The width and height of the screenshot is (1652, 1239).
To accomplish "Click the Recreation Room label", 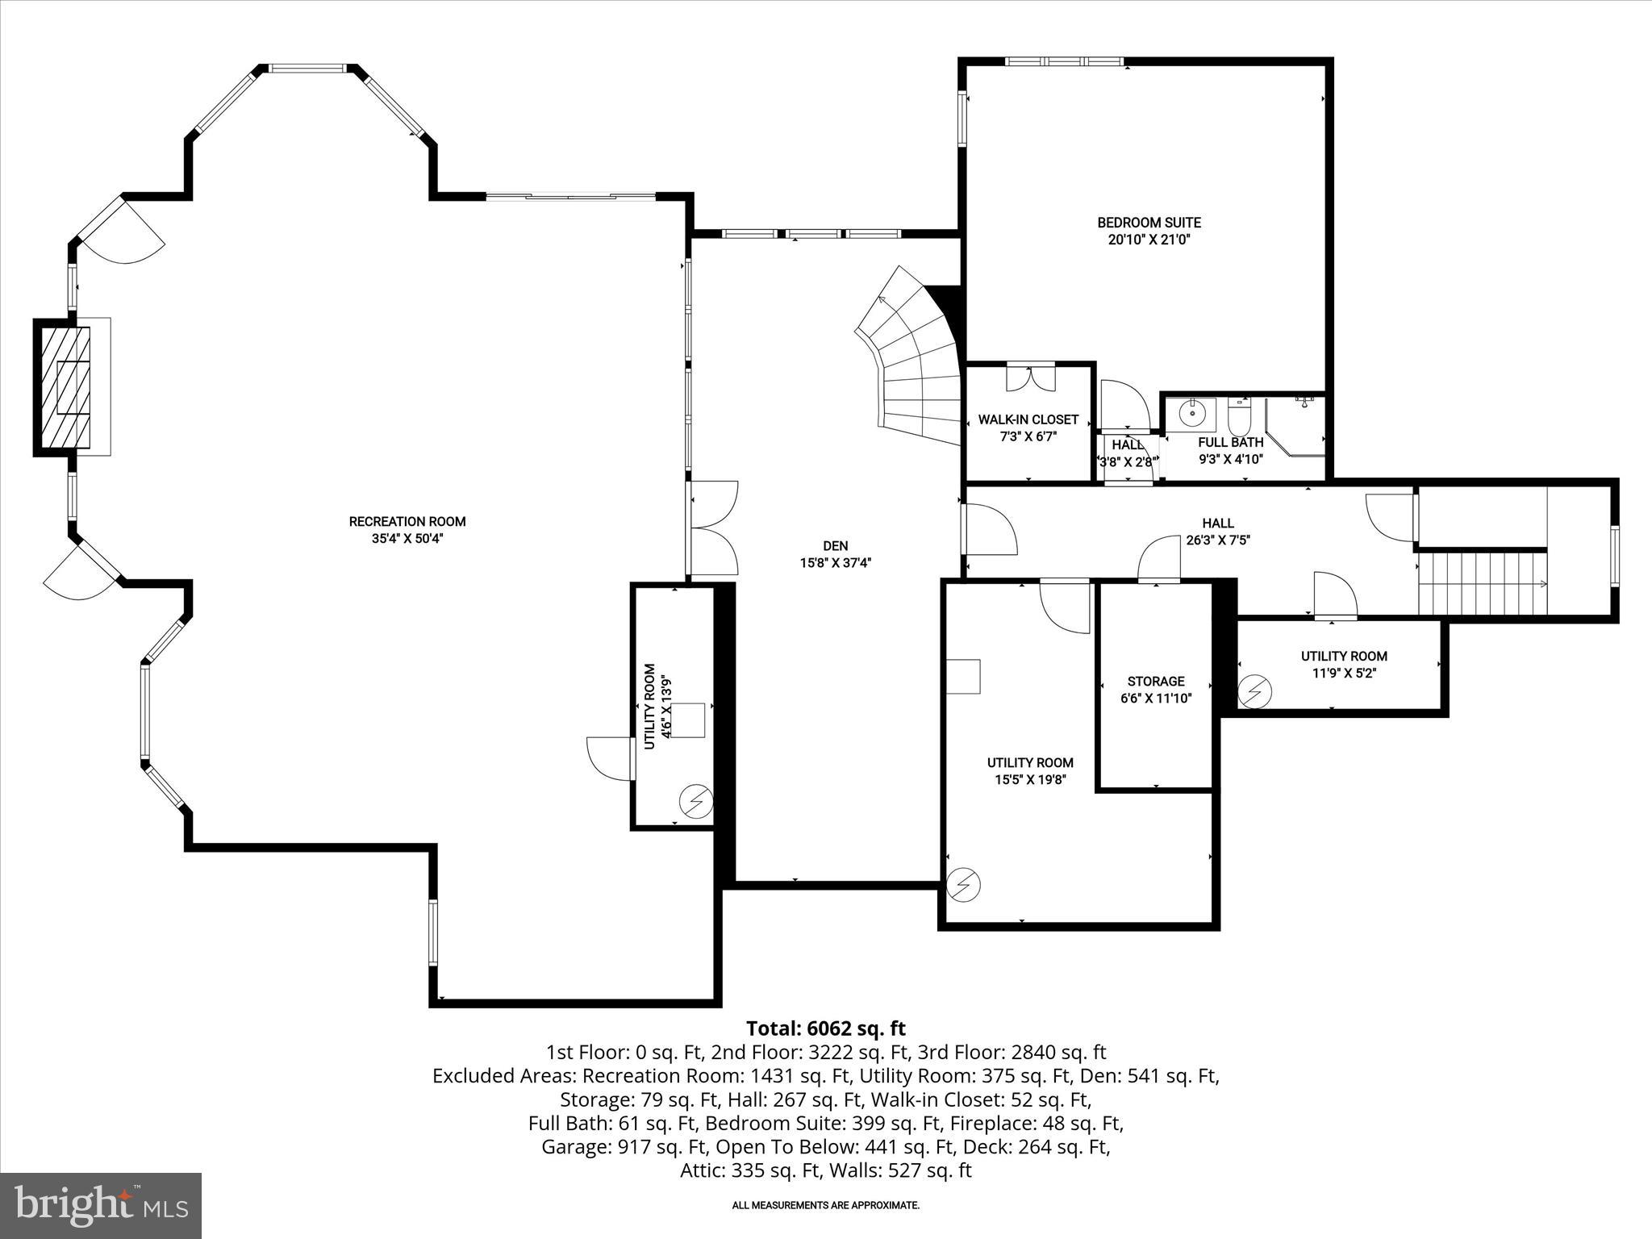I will pyautogui.click(x=407, y=522).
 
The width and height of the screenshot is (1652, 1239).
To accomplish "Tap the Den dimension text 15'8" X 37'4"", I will pyautogui.click(x=836, y=563).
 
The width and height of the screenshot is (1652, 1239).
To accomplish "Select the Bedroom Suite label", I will pyautogui.click(x=1149, y=223).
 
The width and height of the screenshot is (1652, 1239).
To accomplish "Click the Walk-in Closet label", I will pyautogui.click(x=1028, y=419).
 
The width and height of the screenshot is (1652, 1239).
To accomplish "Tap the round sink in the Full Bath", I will pyautogui.click(x=1191, y=414).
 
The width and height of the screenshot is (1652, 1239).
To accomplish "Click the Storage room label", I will pyautogui.click(x=1156, y=682).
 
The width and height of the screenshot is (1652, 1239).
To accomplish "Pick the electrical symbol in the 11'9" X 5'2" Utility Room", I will pyautogui.click(x=1256, y=691).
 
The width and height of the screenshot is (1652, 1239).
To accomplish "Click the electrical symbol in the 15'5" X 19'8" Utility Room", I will pyautogui.click(x=964, y=885).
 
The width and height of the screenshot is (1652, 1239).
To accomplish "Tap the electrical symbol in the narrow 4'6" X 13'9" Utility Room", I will pyautogui.click(x=696, y=801).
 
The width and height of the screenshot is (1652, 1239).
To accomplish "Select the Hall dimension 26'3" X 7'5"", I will pyautogui.click(x=1218, y=540).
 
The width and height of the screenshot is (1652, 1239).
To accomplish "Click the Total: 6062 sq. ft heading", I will pyautogui.click(x=825, y=1028).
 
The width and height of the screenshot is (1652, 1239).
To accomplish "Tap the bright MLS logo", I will pyautogui.click(x=101, y=1205).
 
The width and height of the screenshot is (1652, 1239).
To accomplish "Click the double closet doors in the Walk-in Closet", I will pyautogui.click(x=1031, y=377).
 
